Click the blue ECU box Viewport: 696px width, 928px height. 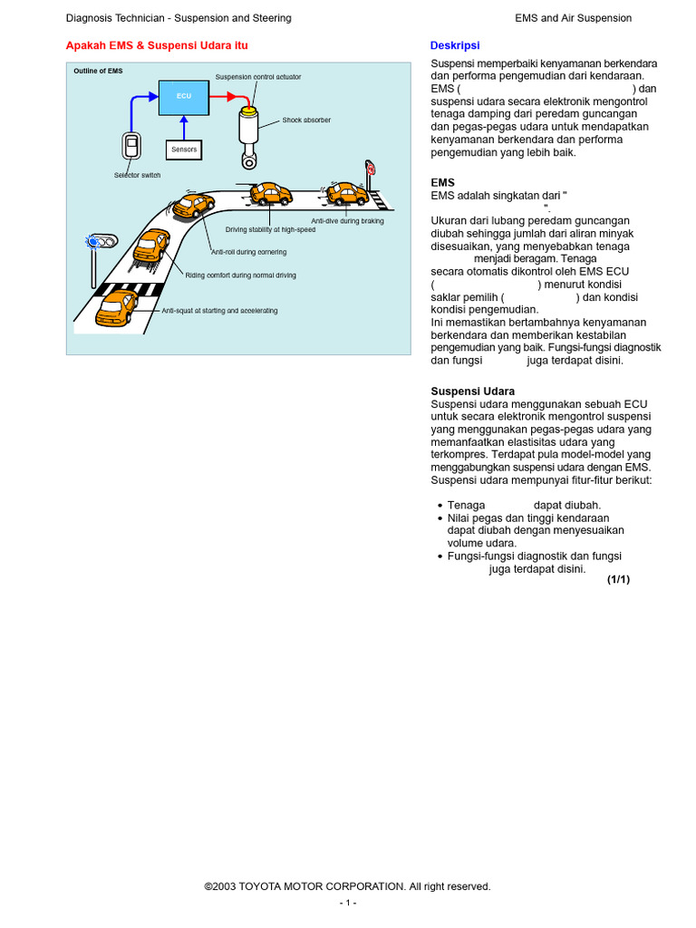183,96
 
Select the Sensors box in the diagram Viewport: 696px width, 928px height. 184,150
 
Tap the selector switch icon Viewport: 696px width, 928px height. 131,146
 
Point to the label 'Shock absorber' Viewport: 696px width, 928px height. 305,120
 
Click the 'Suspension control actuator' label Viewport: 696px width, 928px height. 257,77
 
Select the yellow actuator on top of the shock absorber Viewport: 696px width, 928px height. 247,110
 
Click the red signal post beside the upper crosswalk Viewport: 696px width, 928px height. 370,169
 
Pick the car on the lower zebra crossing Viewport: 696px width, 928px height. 118,306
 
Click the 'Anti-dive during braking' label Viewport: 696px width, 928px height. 347,220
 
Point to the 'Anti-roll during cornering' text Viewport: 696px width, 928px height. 248,252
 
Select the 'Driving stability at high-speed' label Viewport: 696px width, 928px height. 270,230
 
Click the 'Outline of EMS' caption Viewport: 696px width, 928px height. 98,71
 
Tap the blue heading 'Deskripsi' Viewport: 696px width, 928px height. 454,45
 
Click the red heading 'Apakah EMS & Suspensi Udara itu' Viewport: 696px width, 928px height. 157,45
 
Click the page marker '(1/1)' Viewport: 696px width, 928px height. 618,579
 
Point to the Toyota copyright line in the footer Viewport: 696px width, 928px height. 347,886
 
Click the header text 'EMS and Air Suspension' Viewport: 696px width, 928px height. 573,18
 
